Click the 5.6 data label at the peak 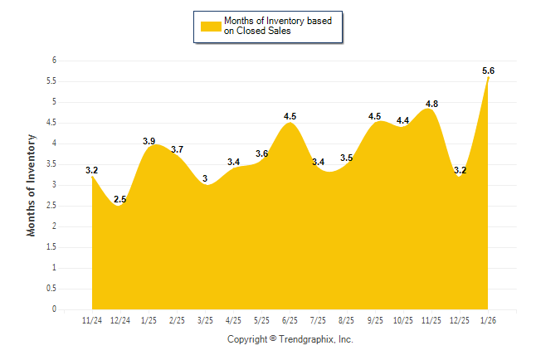pos(488,71)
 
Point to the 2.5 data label pos(120,200)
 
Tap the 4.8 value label pos(431,105)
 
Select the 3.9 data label pos(149,142)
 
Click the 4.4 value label pos(403,121)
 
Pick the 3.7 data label pos(177,150)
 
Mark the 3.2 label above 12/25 pos(460,171)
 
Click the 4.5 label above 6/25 pos(290,117)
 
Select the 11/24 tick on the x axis pos(92,320)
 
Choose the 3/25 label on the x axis pos(205,320)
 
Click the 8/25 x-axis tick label pos(347,320)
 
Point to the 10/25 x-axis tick pos(403,320)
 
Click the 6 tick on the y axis pos(54,61)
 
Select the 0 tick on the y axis pos(54,309)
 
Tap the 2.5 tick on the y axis pos(51,206)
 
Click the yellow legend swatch pos(210,27)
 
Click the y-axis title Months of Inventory pos(32,185)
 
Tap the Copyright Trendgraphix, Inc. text pos(290,340)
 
